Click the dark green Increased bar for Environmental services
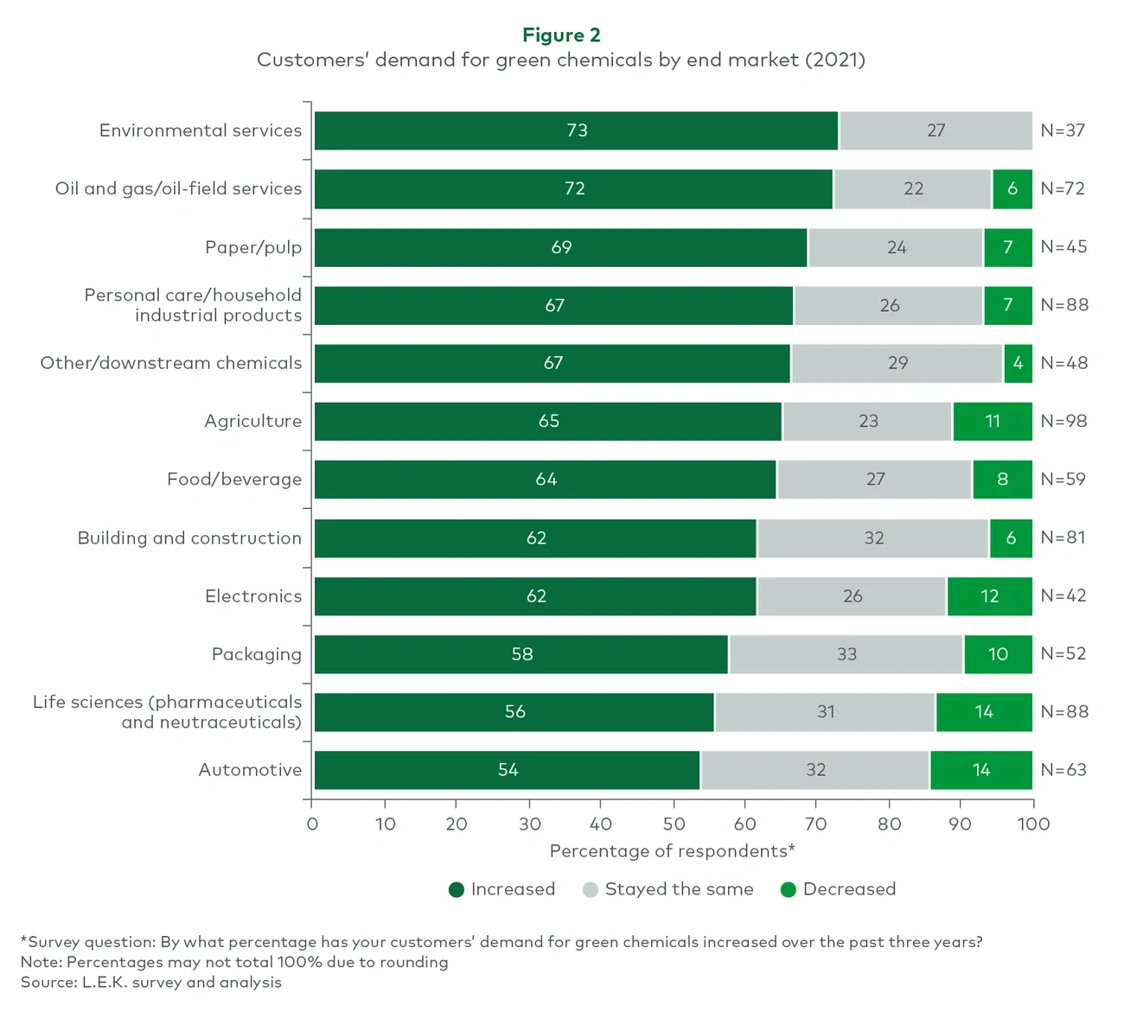(x=576, y=130)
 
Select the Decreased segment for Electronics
(x=989, y=596)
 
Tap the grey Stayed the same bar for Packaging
(x=846, y=654)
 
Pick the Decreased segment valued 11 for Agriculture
(x=992, y=421)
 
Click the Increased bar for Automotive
(x=508, y=770)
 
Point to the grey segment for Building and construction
(x=873, y=538)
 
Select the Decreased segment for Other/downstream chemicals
(x=1018, y=363)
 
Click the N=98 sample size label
(x=1063, y=421)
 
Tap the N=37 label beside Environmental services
(x=1062, y=130)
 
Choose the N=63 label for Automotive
(x=1063, y=770)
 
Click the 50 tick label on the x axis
(x=674, y=824)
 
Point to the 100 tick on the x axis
(x=1032, y=824)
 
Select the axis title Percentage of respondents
(x=672, y=851)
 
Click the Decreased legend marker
(x=788, y=889)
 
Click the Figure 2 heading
(x=561, y=35)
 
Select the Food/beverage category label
(x=234, y=480)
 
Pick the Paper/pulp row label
(x=253, y=247)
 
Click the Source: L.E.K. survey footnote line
(x=151, y=983)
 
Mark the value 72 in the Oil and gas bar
(x=574, y=188)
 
